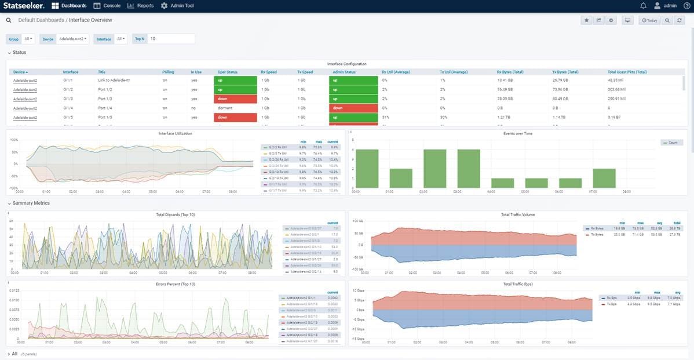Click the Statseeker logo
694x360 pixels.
pyautogui.click(x=24, y=6)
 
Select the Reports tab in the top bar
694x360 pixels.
pyautogui.click(x=141, y=6)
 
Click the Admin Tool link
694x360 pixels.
pyautogui.click(x=177, y=6)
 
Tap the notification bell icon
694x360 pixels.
pyautogui.click(x=643, y=6)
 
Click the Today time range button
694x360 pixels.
pyautogui.click(x=649, y=20)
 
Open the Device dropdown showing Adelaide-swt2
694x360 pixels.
pyautogui.click(x=73, y=39)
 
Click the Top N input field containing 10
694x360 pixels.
pyautogui.click(x=171, y=39)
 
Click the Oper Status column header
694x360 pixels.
pyautogui.click(x=228, y=72)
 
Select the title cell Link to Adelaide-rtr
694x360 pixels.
pyautogui.click(x=114, y=81)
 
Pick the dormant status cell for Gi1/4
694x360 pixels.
pyautogui.click(x=225, y=108)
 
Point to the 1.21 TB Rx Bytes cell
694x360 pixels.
pyautogui.click(x=504, y=117)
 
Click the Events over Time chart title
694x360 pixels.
pyautogui.click(x=518, y=133)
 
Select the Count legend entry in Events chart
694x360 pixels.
pyautogui.click(x=672, y=143)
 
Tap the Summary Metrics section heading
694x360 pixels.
pyautogui.click(x=31, y=203)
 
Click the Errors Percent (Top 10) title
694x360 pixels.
pyautogui.click(x=176, y=284)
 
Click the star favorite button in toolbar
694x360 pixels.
pyautogui.click(x=586, y=20)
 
